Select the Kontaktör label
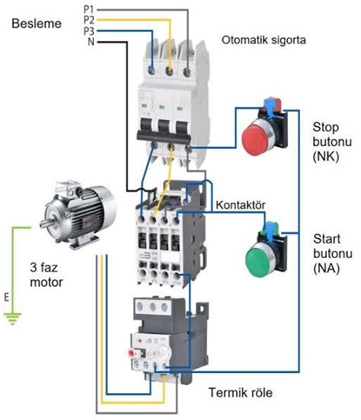[x=242, y=206]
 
